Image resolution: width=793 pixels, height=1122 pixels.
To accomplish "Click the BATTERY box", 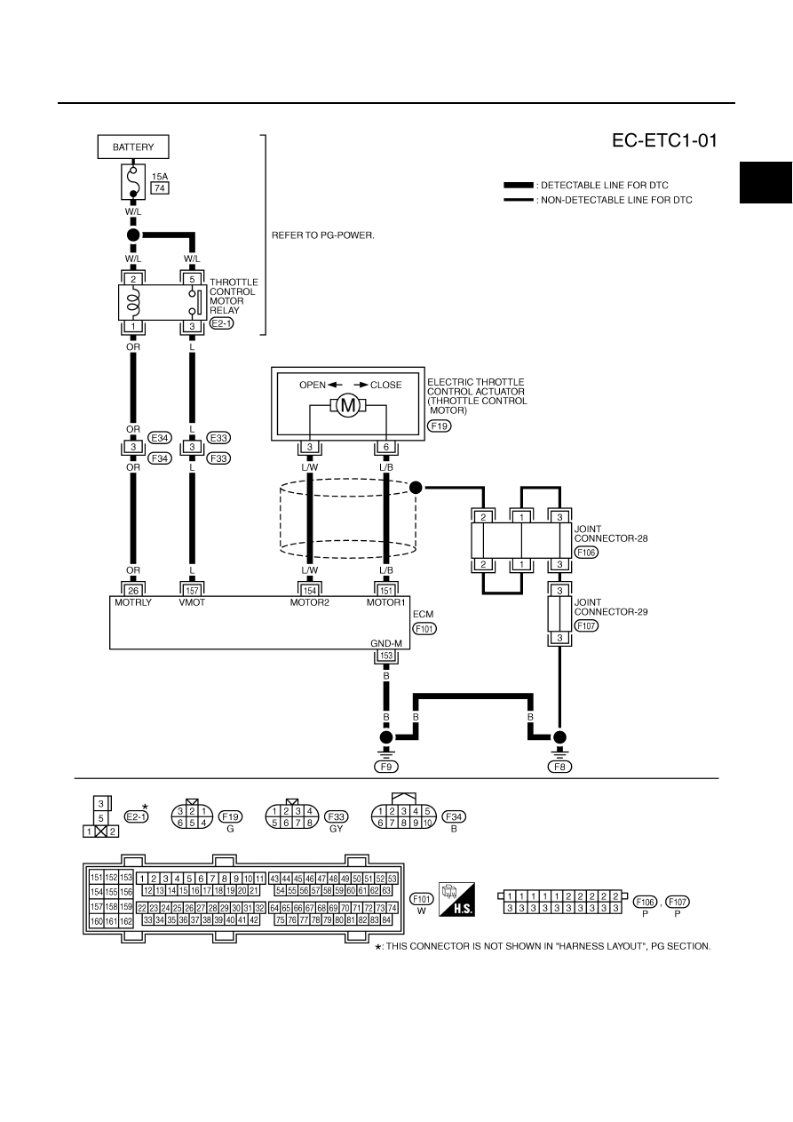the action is point(133,147).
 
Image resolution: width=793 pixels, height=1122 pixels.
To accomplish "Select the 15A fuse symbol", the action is point(133,181).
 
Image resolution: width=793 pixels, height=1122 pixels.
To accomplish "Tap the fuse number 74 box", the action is point(160,188).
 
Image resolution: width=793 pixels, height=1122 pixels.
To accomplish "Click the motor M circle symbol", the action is point(347,405).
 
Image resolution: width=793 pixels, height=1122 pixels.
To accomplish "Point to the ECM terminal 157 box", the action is point(192,591).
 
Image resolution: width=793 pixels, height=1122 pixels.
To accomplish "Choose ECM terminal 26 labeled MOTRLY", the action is point(133,591).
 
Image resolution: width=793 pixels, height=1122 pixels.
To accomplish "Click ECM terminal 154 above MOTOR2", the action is point(310,591).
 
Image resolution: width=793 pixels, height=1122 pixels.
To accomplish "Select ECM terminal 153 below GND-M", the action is point(386,656).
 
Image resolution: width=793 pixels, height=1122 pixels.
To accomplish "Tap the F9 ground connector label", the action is point(386,767).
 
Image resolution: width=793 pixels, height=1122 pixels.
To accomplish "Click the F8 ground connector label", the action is point(559,767).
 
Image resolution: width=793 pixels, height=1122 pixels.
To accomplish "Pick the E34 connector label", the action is point(160,438).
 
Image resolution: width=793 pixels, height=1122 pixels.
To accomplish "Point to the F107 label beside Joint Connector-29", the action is point(586,625).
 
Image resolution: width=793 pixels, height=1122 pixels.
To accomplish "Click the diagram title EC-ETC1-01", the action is point(664,140).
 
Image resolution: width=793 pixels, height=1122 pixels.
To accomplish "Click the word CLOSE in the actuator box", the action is point(386,385).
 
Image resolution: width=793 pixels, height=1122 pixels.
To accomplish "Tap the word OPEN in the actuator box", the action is point(313,385).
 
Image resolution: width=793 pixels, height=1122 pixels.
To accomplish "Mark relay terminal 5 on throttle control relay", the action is point(192,280).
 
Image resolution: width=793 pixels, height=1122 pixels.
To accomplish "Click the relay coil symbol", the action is point(133,302).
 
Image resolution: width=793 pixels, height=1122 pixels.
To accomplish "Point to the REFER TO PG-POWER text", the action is point(323,235).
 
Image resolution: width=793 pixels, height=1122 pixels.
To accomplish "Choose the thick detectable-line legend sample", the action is point(519,186).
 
